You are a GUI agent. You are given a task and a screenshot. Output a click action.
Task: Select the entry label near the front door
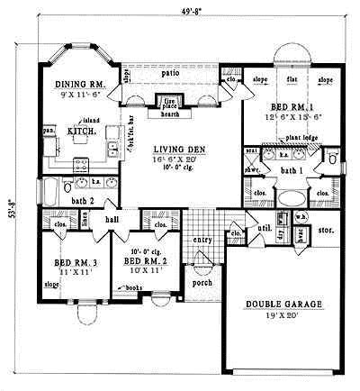(202, 240)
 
